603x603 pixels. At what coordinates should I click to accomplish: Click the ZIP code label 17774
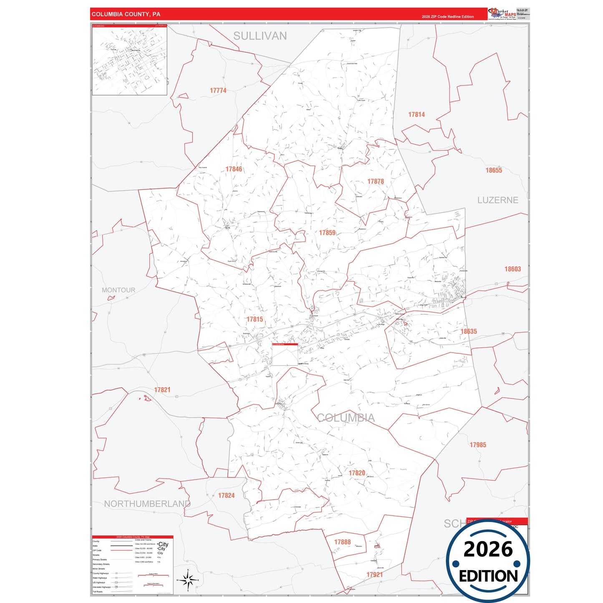[x=218, y=91]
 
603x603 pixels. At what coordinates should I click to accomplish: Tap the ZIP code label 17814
[x=416, y=115]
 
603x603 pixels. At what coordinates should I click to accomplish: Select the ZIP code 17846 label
[x=234, y=169]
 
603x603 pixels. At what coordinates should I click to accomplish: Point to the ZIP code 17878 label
[x=376, y=182]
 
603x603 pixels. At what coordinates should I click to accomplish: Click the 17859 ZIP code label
[x=327, y=233]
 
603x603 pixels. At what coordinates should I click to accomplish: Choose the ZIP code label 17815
[x=255, y=319]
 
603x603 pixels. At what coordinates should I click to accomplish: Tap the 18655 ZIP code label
[x=494, y=170]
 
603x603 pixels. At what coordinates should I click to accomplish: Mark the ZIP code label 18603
[x=512, y=269]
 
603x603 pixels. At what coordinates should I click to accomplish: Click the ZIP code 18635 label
[x=469, y=331]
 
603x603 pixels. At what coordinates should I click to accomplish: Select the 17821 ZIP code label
[x=162, y=390]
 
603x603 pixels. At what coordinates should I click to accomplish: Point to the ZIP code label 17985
[x=478, y=445]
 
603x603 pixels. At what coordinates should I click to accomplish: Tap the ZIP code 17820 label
[x=357, y=473]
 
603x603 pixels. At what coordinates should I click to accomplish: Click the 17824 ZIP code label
[x=226, y=495]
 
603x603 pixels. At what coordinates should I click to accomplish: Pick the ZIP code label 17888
[x=342, y=542]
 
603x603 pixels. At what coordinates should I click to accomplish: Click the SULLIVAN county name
[x=260, y=36]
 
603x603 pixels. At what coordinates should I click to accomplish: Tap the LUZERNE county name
[x=497, y=200]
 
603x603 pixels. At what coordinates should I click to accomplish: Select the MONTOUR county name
[x=119, y=290]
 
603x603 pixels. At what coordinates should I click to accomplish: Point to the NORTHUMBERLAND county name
[x=147, y=504]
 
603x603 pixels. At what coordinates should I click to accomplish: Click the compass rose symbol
[x=188, y=580]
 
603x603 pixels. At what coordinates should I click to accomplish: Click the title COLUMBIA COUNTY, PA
[x=126, y=14]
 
